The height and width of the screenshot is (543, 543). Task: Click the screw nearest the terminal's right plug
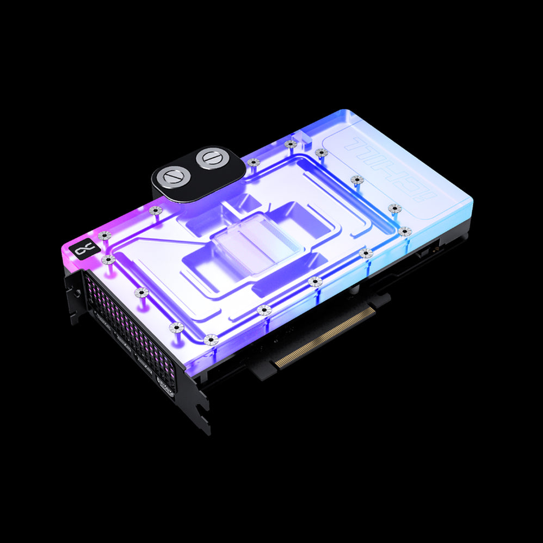[252, 162]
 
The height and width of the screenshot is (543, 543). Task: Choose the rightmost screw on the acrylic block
[404, 231]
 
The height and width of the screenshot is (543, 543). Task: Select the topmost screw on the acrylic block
[291, 144]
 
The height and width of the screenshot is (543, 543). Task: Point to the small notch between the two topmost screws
[306, 148]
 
